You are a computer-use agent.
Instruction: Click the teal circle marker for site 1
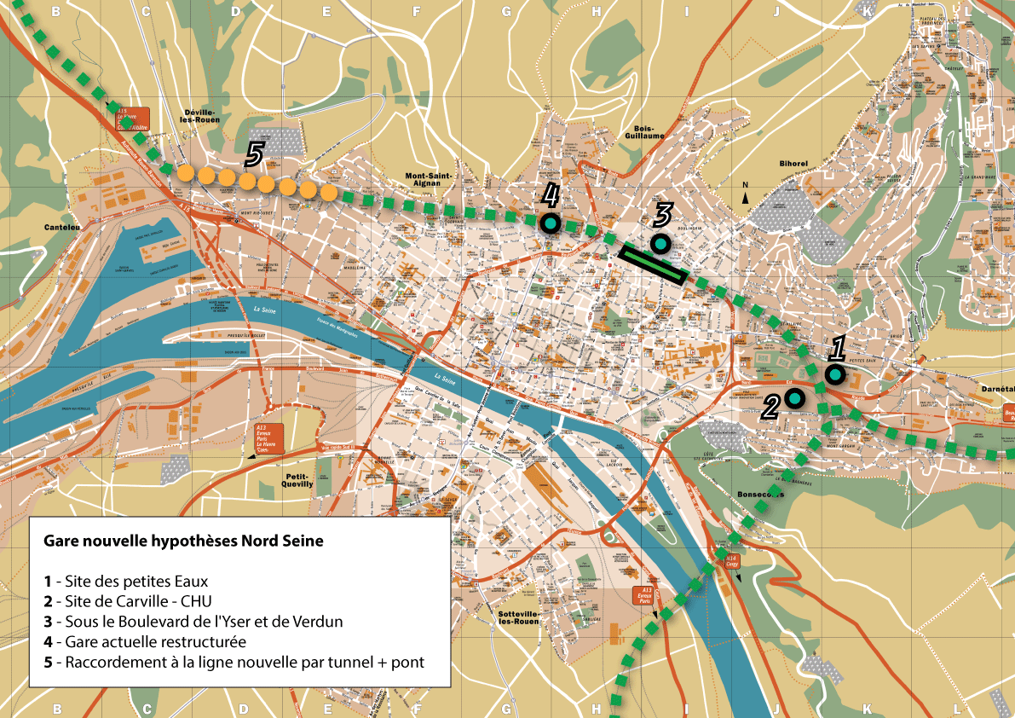pyautogui.click(x=835, y=374)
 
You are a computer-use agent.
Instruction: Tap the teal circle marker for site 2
pyautogui.click(x=795, y=397)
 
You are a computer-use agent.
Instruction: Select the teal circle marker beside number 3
pyautogui.click(x=660, y=245)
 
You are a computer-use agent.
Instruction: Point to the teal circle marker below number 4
pyautogui.click(x=550, y=224)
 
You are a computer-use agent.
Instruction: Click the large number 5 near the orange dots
pyautogui.click(x=254, y=154)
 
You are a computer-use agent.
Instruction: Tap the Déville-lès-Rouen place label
pyautogui.click(x=202, y=115)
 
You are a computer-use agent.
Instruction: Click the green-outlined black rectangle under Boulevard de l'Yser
pyautogui.click(x=653, y=264)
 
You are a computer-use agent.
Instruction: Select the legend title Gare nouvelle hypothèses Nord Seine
pyautogui.click(x=183, y=541)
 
